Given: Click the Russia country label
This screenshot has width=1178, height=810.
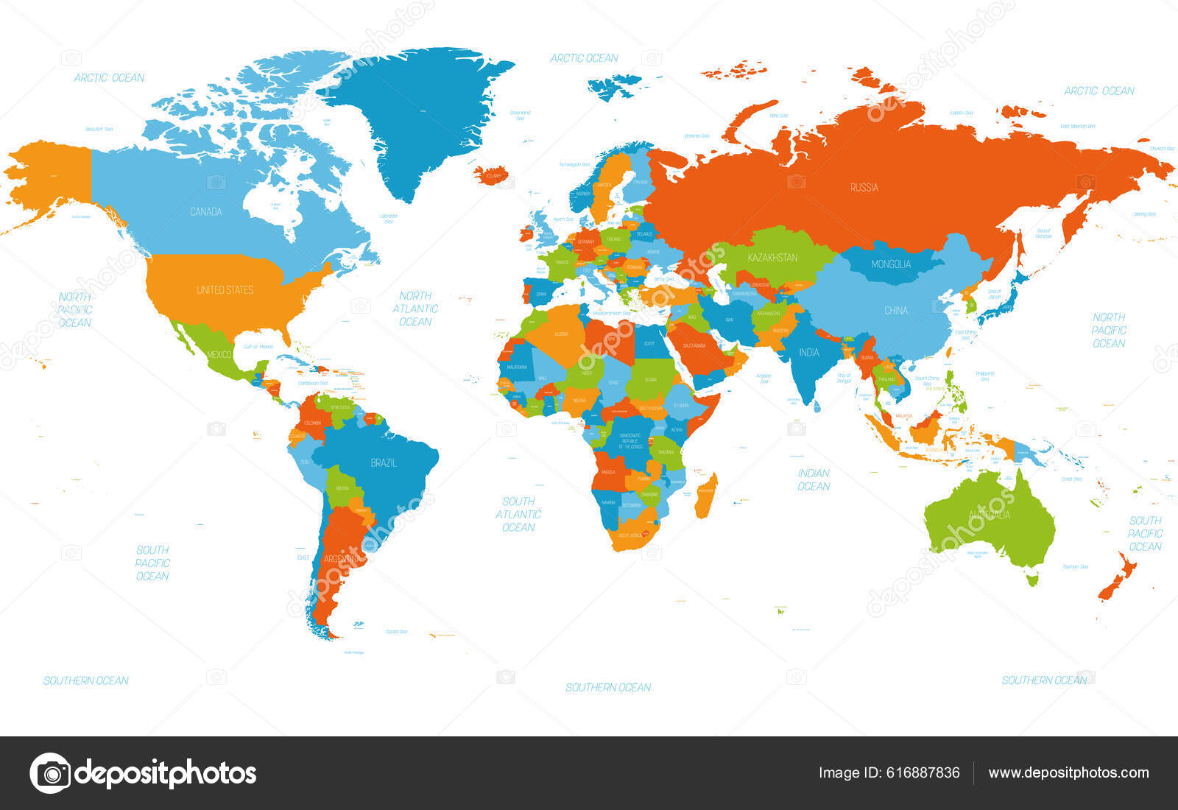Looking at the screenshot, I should pos(864,188).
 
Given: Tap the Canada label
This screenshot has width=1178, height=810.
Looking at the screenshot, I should pos(205,212).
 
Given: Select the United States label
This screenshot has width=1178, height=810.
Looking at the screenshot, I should pos(225,290).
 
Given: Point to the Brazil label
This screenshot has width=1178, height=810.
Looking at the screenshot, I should pos(383,463).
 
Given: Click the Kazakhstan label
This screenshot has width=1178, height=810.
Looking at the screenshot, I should pos(772,258).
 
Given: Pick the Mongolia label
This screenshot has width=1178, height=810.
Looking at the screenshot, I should pos(891,264).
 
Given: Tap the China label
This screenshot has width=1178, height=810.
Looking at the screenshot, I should pos(895,311).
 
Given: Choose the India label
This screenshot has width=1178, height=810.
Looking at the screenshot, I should pos(808,353).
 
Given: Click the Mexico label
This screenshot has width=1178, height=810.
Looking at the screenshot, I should pos(219,355).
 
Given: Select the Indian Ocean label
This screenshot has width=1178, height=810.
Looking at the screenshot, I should pos(814,479).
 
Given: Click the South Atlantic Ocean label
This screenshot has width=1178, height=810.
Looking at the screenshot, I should pos(518,514).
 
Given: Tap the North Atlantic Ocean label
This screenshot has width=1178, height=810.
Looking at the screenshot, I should pos(415,309).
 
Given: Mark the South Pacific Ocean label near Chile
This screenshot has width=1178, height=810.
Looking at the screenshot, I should pos(152,563).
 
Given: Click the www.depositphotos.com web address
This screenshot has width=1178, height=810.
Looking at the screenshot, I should pos(1068,773).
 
